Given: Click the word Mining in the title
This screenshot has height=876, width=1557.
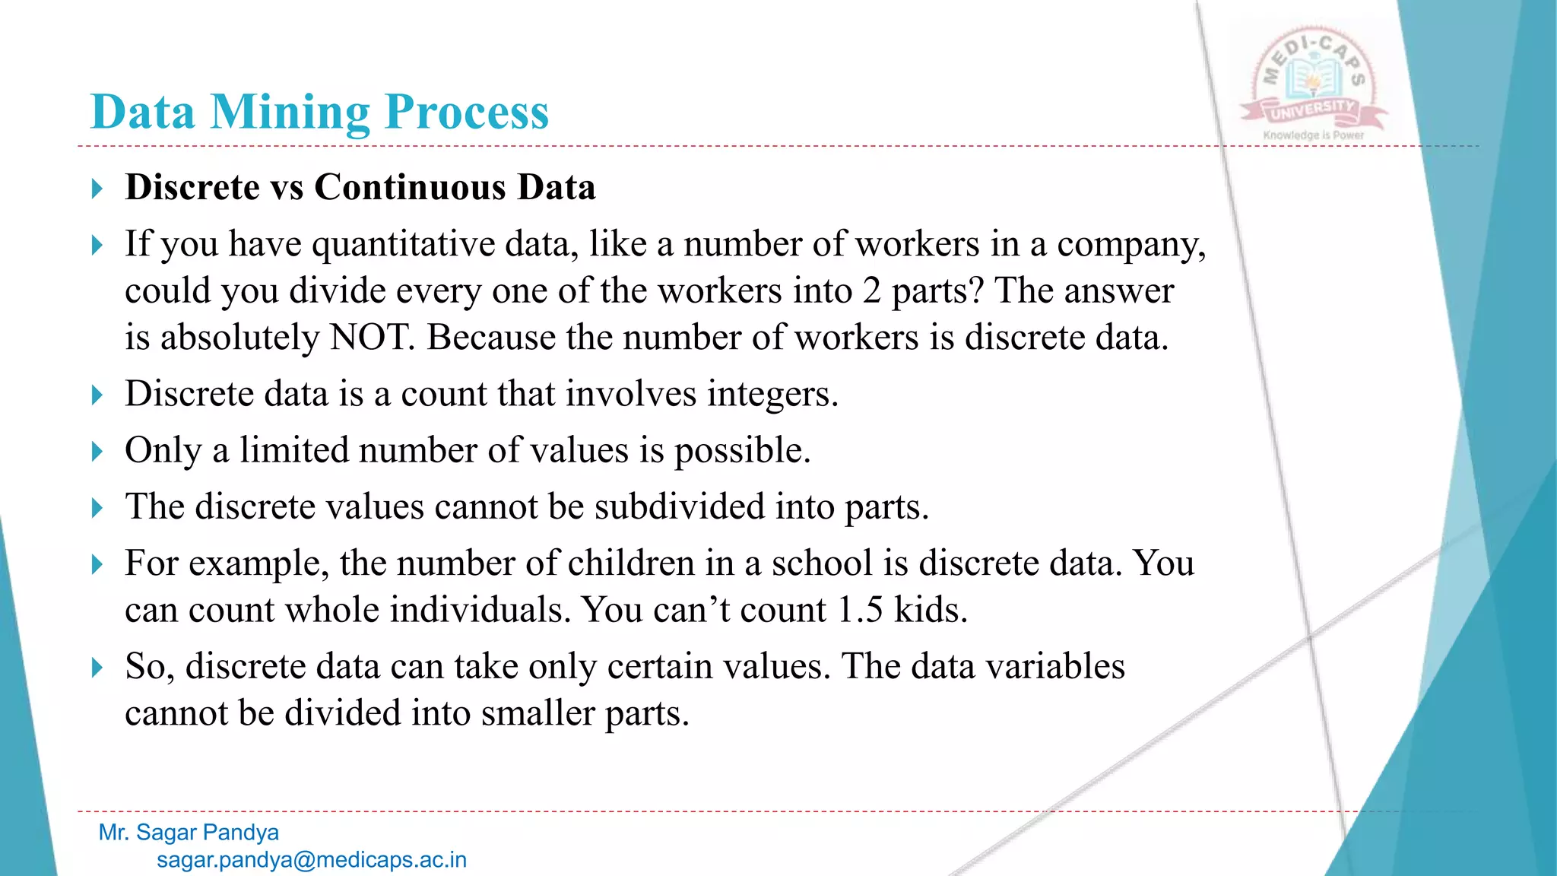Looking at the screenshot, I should pos(290,113).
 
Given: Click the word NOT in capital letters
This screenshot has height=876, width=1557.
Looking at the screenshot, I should pos(371,338).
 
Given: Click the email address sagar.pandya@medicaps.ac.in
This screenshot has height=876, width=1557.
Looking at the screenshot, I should pos(312,860).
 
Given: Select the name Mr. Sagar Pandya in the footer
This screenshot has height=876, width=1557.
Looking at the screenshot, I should pos(189,832).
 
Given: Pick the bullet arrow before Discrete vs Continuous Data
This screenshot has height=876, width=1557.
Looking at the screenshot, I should pos(97,188).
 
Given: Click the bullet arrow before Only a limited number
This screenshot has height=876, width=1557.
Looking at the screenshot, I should pos(97,452).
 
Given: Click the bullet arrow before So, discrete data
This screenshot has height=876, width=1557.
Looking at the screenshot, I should pos(97,668).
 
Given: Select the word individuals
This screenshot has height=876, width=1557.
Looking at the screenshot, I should pos(480,610).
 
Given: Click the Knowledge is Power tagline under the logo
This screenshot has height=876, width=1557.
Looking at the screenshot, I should pos(1313,135).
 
